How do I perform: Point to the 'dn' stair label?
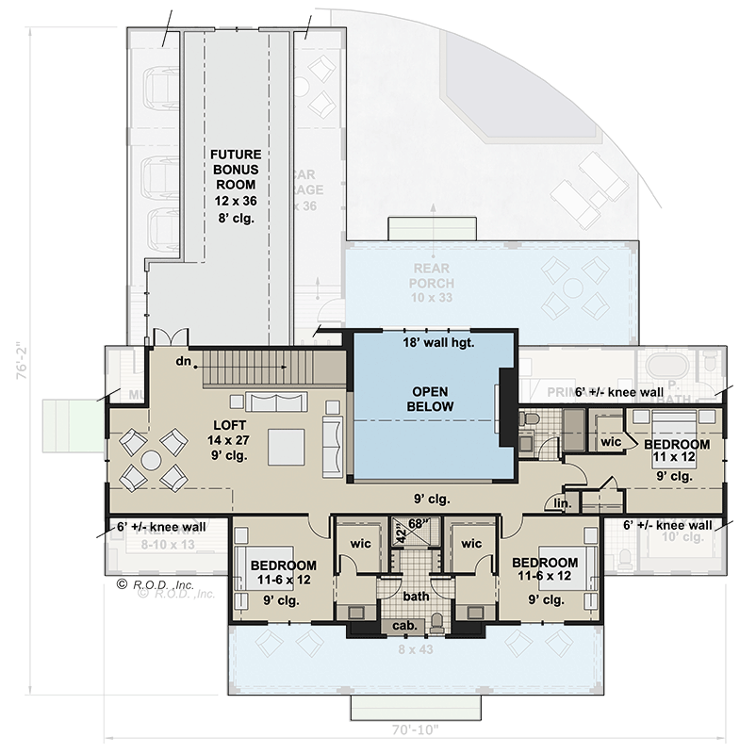pos(184,361)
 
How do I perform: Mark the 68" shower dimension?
pos(418,524)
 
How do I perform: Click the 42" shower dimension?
pos(400,534)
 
